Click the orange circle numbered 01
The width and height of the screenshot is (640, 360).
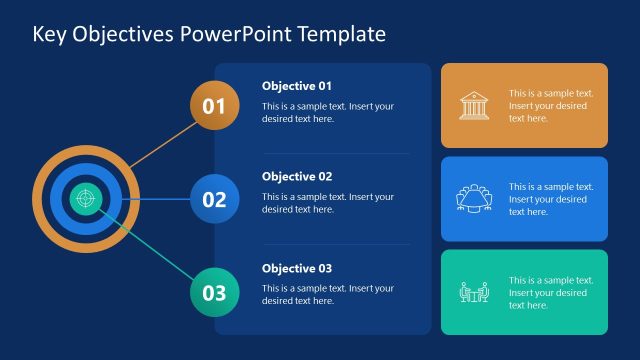pyautogui.click(x=214, y=106)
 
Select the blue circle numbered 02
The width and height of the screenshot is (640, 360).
pyautogui.click(x=214, y=199)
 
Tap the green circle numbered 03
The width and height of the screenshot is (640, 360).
pyautogui.click(x=214, y=292)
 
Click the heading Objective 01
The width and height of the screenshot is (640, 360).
pyautogui.click(x=297, y=86)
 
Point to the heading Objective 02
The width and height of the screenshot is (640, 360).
pyautogui.click(x=297, y=177)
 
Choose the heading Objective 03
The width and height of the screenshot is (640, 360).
pyautogui.click(x=297, y=268)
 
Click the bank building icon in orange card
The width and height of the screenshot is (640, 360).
pyautogui.click(x=473, y=106)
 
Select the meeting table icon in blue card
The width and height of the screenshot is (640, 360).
pyautogui.click(x=473, y=199)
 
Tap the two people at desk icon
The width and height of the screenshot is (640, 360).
pyautogui.click(x=473, y=292)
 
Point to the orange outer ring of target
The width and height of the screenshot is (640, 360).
pyautogui.click(x=40, y=199)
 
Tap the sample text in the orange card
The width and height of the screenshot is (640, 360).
pyautogui.click(x=551, y=106)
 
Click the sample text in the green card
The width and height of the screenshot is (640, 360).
pyautogui.click(x=551, y=293)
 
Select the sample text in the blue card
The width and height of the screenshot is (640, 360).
pyautogui.click(x=551, y=199)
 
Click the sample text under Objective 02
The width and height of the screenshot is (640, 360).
pyautogui.click(x=327, y=203)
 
